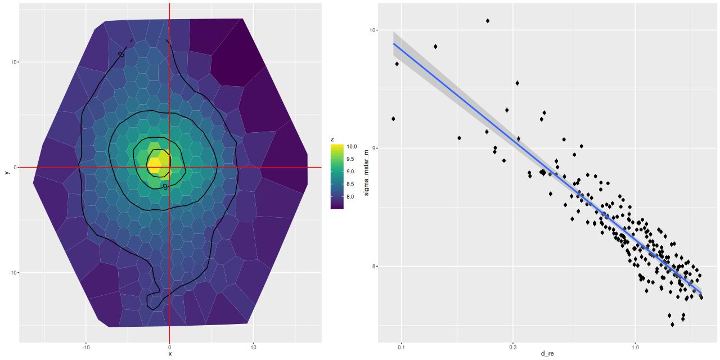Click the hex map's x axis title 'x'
click(x=169, y=354)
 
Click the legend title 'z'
click(x=332, y=138)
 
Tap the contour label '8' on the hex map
click(x=121, y=54)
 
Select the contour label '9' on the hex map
click(x=165, y=186)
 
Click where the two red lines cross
click(x=169, y=167)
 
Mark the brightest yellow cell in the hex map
click(x=154, y=165)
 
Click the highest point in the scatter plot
click(x=488, y=21)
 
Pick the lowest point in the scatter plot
click(x=672, y=324)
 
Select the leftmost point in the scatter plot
click(x=393, y=119)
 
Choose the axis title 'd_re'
click(x=546, y=354)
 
